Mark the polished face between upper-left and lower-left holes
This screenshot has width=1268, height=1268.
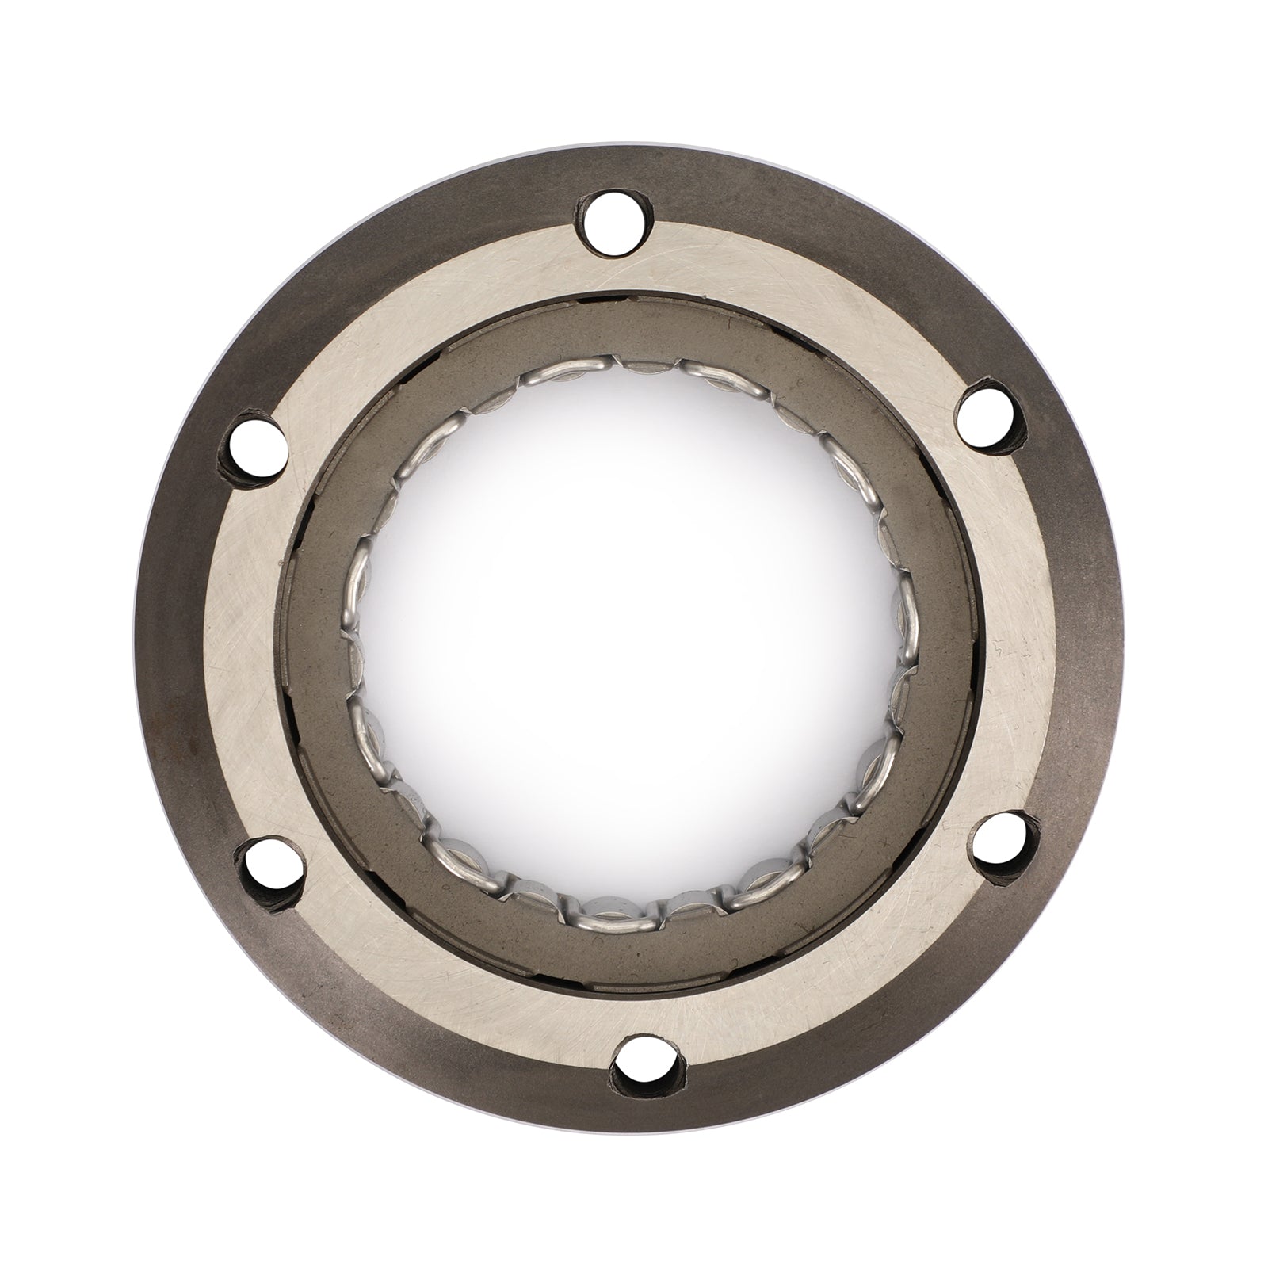point(238,650)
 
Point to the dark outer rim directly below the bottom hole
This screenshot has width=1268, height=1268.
point(646,1098)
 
